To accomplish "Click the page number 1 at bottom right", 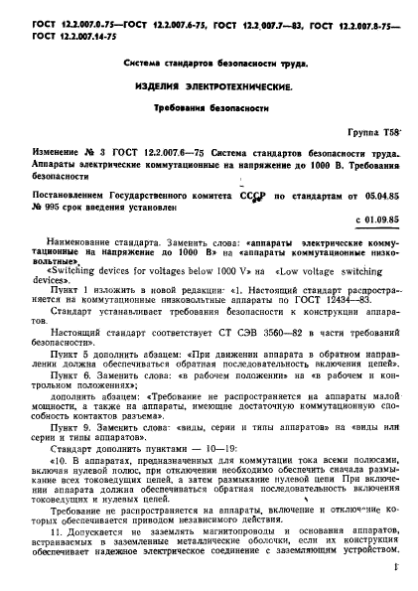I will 395,568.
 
